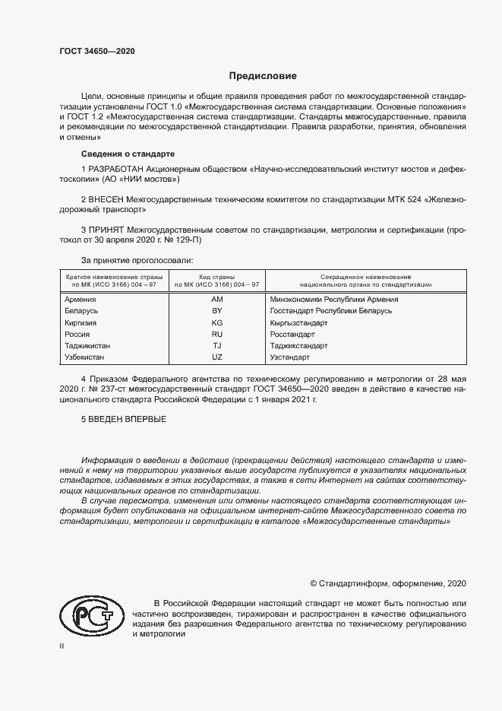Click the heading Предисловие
pyautogui.click(x=263, y=76)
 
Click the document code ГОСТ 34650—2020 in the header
pyautogui.click(x=97, y=52)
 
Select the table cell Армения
pyautogui.click(x=81, y=300)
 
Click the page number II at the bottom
pyautogui.click(x=62, y=646)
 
